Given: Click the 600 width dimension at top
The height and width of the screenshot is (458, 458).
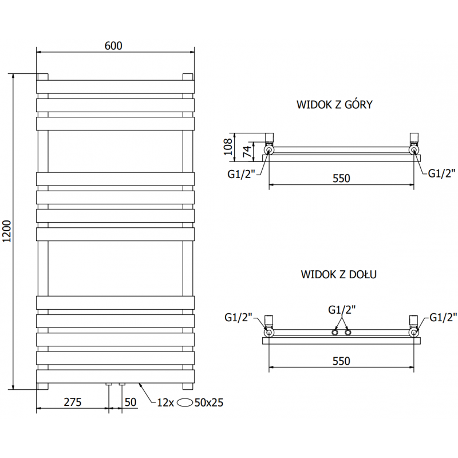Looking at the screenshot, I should (114, 46).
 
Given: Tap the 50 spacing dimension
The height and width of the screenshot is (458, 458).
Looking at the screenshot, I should (131, 402).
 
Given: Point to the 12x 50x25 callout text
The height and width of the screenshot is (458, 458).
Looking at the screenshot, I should (189, 402).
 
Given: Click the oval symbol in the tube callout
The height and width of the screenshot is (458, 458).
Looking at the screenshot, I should (185, 402).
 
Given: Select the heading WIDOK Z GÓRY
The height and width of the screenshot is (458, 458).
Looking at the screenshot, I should (335, 105).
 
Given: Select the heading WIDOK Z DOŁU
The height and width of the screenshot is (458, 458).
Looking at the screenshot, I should (338, 274).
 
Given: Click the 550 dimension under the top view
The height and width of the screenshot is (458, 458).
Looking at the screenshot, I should (341, 178).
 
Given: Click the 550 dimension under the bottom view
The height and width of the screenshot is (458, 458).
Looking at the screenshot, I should (341, 361).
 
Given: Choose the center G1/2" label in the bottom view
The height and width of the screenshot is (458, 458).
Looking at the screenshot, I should (342, 310).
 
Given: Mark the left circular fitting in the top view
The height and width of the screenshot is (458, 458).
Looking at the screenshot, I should (269, 151).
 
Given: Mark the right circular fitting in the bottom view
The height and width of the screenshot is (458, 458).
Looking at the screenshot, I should (413, 332).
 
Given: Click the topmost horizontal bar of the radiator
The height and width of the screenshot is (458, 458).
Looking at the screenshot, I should (116, 86).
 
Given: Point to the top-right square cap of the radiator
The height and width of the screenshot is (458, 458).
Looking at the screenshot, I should (187, 77).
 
